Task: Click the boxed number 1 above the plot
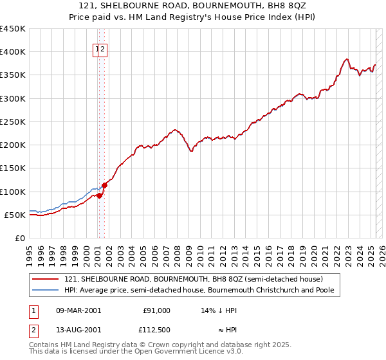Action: click(x=97, y=49)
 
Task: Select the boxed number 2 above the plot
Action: click(x=103, y=49)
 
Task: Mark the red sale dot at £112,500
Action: click(x=104, y=186)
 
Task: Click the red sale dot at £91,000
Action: click(x=100, y=196)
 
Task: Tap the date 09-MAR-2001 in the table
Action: click(x=78, y=310)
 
